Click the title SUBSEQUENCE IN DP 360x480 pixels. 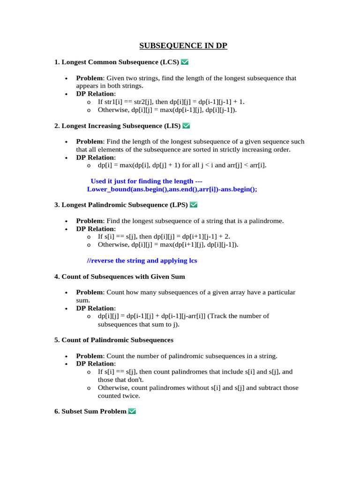183,45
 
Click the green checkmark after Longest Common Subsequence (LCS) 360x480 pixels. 185,62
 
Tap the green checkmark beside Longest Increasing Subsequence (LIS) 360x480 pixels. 186,126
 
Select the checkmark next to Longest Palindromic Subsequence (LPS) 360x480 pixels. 194,204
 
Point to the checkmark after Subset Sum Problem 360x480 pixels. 132,411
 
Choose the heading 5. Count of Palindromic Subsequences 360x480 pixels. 114,340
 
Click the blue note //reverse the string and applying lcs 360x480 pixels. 142,261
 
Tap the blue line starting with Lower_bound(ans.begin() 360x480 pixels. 172,189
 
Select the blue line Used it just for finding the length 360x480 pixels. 146,181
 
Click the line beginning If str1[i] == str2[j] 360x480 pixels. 171,102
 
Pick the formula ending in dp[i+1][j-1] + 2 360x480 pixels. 164,237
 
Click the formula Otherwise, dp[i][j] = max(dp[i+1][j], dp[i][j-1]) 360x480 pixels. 168,245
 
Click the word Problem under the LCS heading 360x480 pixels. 89,78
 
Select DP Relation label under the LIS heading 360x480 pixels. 96,157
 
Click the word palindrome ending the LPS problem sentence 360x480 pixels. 267,221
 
